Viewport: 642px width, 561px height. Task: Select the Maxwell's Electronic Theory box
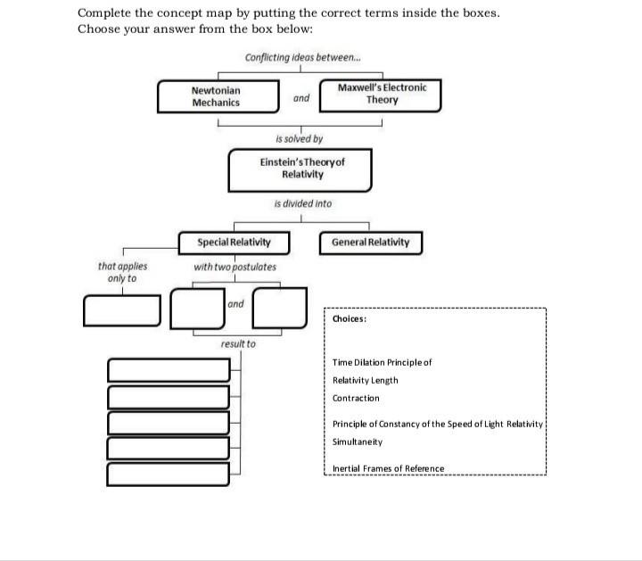[381, 94]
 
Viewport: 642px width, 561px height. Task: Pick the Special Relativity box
[234, 243]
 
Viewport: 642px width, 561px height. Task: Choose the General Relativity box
[370, 243]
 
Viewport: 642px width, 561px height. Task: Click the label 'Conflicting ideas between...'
[301, 58]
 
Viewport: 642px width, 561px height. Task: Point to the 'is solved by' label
[300, 139]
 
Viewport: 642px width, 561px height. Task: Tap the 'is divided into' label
[303, 203]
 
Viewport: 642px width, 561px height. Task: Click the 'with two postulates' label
[235, 267]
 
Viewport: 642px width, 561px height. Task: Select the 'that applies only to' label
[123, 272]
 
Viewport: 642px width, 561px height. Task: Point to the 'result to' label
[238, 343]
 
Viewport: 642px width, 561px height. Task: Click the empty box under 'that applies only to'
[123, 309]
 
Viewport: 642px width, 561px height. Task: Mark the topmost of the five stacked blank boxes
[169, 369]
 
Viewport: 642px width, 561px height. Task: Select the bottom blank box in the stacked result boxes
[169, 474]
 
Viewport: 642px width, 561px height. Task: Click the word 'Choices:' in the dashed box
[350, 318]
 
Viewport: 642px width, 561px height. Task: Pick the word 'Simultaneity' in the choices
[357, 442]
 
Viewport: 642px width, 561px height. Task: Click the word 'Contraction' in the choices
[356, 398]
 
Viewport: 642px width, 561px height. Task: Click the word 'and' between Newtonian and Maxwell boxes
[301, 98]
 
